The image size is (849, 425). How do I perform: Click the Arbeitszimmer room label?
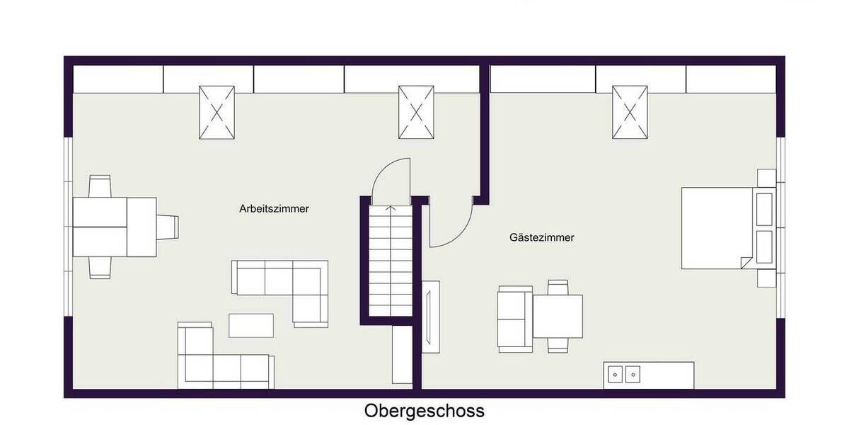[x=275, y=209]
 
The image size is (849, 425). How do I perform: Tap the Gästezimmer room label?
[x=541, y=238]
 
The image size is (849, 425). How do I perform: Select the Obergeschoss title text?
[x=424, y=411]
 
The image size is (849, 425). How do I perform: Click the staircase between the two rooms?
[x=390, y=259]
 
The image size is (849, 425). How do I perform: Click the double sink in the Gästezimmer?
[x=624, y=374]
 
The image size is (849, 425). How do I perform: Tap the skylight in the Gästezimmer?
[x=630, y=112]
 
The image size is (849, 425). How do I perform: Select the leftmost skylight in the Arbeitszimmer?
[x=216, y=112]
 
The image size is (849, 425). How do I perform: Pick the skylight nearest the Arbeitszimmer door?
[x=416, y=112]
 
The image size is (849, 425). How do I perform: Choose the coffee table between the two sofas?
[x=250, y=325]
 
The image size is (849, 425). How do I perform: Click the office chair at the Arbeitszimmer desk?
[x=168, y=227]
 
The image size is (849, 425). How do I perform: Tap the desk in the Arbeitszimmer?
[x=115, y=227]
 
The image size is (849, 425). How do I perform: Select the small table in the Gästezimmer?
[x=558, y=316]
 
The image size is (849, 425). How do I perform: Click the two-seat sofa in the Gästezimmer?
[x=514, y=319]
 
